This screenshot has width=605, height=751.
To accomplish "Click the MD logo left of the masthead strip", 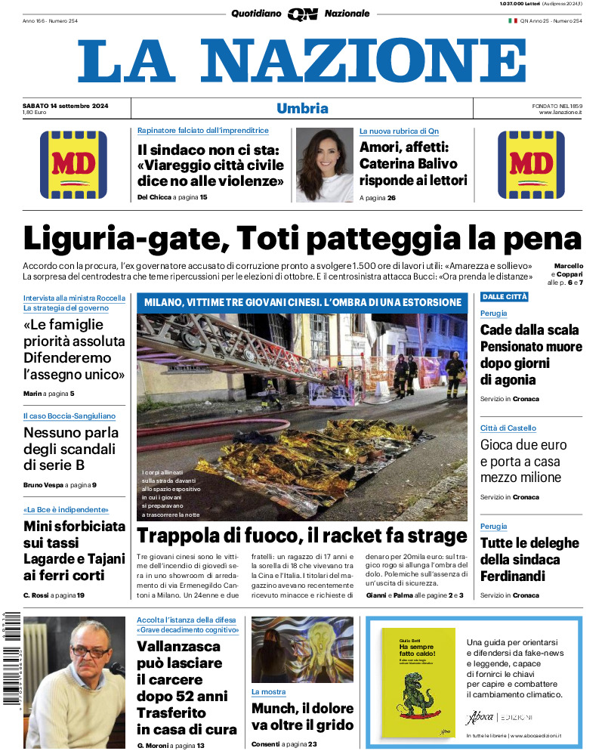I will coord(73,165).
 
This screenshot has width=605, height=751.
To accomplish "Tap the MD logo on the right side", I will coord(531,165).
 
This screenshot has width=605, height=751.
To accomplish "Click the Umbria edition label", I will coord(302,108).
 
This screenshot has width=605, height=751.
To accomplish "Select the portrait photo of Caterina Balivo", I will coord(324,164).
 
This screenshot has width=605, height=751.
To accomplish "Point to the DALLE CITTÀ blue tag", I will coord(505,297).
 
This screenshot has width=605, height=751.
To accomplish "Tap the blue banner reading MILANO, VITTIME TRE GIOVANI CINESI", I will coord(302,302).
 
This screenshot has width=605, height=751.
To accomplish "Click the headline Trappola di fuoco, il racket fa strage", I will coord(302,537).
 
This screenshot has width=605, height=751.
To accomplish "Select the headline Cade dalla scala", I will coord(529,329).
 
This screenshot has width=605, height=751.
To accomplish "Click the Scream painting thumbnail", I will coord(302,650).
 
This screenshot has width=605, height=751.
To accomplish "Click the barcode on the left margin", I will coord(10,657).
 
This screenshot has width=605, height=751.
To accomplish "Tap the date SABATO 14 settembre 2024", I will coord(66,105).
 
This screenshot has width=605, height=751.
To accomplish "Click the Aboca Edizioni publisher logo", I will coord(499,717).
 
